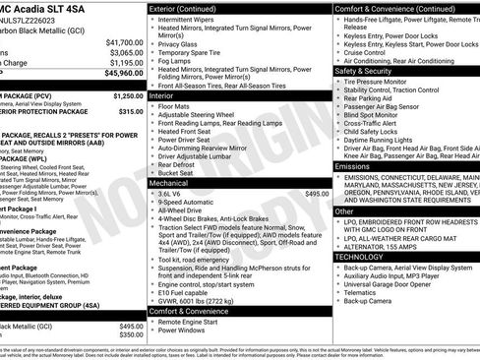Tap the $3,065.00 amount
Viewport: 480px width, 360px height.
click(x=123, y=52)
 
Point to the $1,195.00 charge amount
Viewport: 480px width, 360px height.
click(x=123, y=62)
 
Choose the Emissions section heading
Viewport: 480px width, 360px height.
click(x=353, y=166)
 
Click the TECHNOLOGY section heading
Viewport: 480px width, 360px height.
click(x=359, y=256)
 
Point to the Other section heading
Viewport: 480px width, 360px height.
click(x=344, y=210)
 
